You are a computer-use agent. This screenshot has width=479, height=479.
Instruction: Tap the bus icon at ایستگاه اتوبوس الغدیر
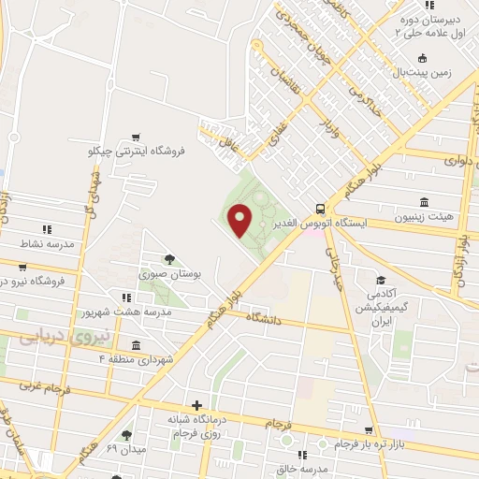321,209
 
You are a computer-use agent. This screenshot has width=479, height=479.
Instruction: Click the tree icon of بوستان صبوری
169,259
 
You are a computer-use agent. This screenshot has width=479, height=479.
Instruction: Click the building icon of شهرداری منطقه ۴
137,343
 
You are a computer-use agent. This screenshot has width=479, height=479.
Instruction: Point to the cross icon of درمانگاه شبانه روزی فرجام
196,405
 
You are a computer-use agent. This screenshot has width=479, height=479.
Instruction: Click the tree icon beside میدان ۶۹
126,435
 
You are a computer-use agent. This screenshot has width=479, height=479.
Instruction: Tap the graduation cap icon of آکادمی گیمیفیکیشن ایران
381,280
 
